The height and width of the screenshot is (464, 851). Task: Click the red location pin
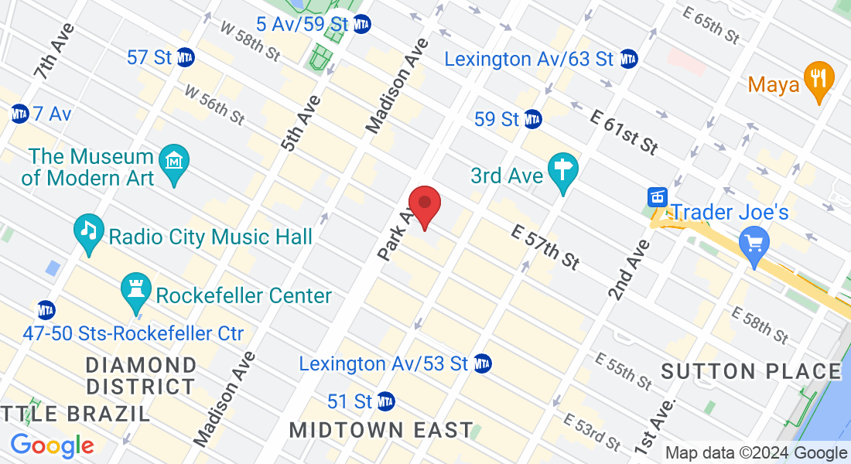(425, 206)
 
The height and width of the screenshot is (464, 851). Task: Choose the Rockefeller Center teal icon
(136, 293)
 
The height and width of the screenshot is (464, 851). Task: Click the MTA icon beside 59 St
(532, 119)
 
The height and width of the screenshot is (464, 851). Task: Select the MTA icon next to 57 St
(185, 57)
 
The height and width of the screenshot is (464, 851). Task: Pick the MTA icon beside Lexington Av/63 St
(628, 59)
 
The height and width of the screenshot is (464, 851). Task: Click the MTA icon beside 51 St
(385, 402)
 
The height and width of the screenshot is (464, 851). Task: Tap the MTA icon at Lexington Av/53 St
(483, 363)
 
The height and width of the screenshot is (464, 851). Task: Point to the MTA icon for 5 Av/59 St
(361, 24)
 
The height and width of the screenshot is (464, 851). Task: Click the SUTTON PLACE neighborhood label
(751, 371)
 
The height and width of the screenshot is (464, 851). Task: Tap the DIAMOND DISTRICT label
(141, 375)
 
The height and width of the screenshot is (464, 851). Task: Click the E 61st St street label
(624, 131)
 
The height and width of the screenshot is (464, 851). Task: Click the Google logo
(52, 446)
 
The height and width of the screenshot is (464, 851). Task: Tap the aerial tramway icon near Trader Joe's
(658, 196)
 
